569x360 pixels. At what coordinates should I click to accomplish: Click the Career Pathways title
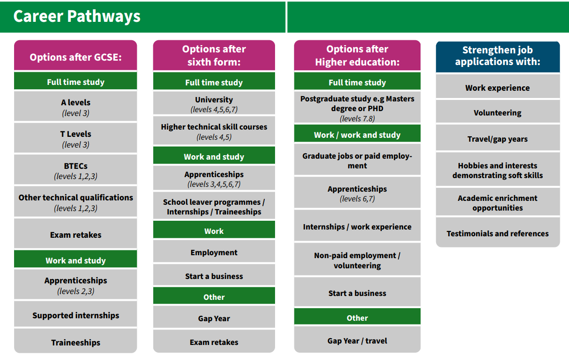tap(77, 16)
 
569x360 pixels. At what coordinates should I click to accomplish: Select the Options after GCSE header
tap(76, 55)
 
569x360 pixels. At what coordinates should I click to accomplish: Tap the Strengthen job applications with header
tap(498, 57)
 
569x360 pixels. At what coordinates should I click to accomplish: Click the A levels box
tap(76, 106)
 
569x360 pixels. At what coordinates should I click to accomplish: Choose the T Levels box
tap(76, 138)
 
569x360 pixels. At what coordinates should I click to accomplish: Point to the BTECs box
tap(76, 169)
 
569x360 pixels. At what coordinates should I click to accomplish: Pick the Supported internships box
tap(76, 314)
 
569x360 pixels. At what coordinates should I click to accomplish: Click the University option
tap(214, 103)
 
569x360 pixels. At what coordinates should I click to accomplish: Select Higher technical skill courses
tap(214, 131)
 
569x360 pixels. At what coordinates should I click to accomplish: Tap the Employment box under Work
tap(214, 251)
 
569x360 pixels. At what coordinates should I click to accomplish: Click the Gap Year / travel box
tap(357, 340)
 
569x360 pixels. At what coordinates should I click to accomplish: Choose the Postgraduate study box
tap(357, 107)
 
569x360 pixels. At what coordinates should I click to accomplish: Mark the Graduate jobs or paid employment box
tap(357, 160)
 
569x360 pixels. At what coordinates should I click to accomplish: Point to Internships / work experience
tap(357, 226)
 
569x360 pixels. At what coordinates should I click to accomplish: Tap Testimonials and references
tap(498, 232)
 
